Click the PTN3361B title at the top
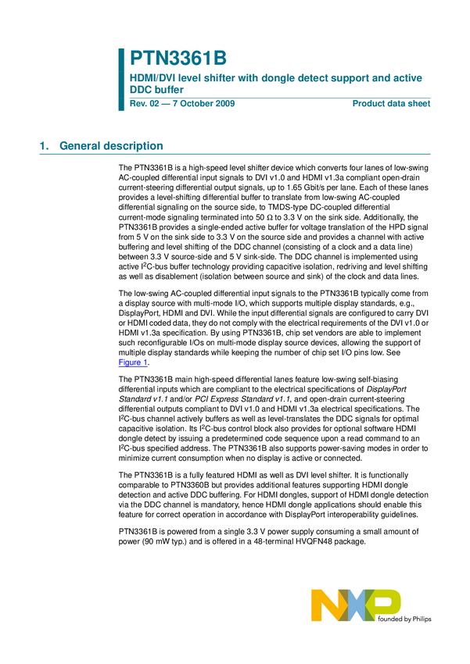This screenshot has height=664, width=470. coord(178,59)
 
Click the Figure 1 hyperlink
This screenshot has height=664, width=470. coord(133,362)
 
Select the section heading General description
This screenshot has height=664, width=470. coord(111,146)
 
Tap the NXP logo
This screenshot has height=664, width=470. coord(356,605)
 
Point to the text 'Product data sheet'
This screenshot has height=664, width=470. coord(391,104)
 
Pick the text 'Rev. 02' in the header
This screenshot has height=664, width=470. coord(145,104)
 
